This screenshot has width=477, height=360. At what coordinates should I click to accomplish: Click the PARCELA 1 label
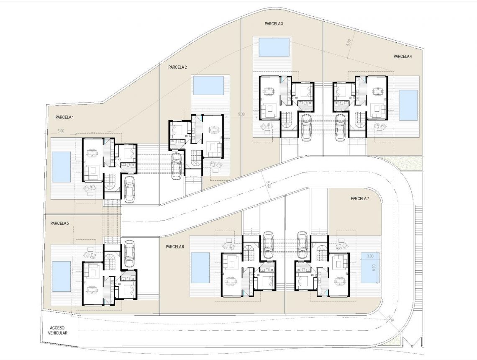[64, 118]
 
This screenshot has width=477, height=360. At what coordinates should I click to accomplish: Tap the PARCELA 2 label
[177, 67]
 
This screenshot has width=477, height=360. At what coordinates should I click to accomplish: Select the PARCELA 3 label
[274, 24]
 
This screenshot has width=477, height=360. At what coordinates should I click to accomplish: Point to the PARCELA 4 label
[403, 56]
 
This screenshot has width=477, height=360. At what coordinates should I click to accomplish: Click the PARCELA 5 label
[59, 224]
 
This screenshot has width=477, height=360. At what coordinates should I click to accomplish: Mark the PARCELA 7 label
[360, 198]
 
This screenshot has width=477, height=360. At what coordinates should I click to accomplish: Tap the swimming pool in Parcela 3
[274, 47]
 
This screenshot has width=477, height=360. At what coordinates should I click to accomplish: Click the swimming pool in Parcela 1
[61, 167]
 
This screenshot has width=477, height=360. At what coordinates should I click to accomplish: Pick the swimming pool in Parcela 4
[408, 105]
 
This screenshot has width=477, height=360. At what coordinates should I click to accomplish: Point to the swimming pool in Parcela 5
[61, 277]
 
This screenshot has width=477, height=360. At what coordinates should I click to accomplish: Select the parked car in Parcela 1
[130, 189]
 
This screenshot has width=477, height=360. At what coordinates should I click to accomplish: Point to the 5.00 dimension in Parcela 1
[61, 131]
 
